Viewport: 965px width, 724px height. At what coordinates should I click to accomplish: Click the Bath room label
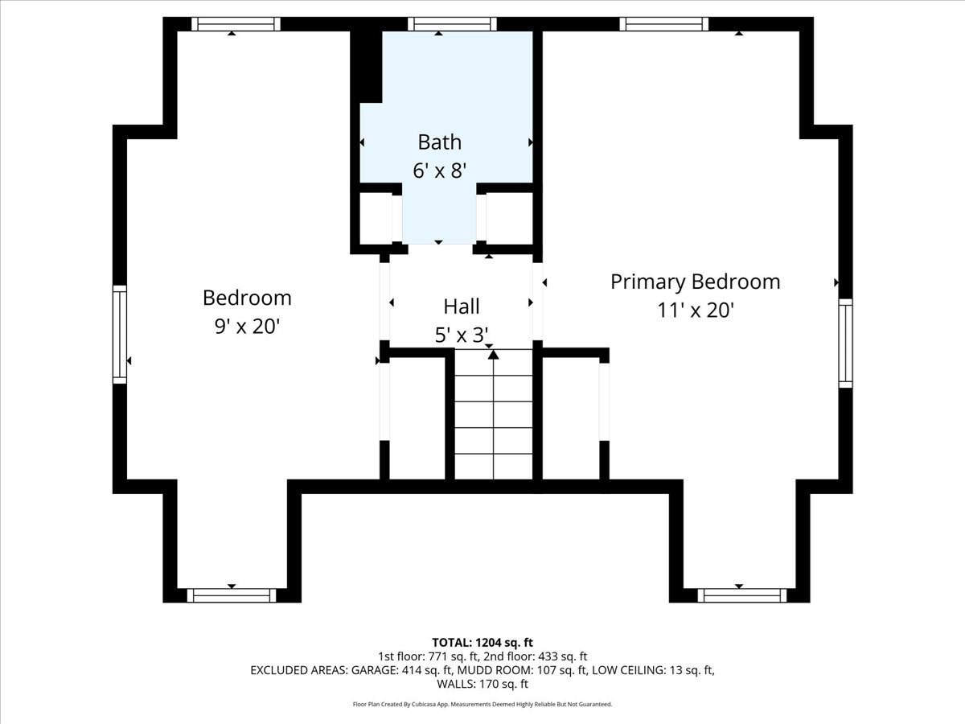439,142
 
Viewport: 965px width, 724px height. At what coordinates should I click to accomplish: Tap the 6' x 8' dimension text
439,171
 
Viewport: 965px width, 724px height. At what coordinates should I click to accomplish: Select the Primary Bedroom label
695,282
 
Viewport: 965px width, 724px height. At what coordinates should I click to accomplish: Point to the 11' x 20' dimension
695,310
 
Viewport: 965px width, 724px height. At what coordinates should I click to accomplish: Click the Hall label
461,306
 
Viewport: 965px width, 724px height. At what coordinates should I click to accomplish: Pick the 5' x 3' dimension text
462,335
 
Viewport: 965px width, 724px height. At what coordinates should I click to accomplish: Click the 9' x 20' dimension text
246,327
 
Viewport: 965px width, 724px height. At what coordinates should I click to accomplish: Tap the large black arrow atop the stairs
493,354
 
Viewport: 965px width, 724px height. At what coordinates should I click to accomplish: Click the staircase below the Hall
493,418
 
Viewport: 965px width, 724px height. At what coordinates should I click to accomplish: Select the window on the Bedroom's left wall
120,334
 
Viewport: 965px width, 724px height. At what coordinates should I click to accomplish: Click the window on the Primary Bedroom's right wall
845,343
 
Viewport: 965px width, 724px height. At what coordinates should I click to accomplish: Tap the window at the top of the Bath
451,24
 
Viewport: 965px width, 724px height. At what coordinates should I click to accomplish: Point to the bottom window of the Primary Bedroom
741,595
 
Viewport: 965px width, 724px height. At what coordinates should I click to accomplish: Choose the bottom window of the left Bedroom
232,595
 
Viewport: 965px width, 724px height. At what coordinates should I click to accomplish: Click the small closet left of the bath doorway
376,218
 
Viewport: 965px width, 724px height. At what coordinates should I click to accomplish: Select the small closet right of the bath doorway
510,218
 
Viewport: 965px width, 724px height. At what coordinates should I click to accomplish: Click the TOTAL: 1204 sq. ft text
482,642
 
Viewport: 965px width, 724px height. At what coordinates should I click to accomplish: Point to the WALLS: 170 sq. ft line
482,684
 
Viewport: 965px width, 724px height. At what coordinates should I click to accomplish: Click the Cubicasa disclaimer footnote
482,704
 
